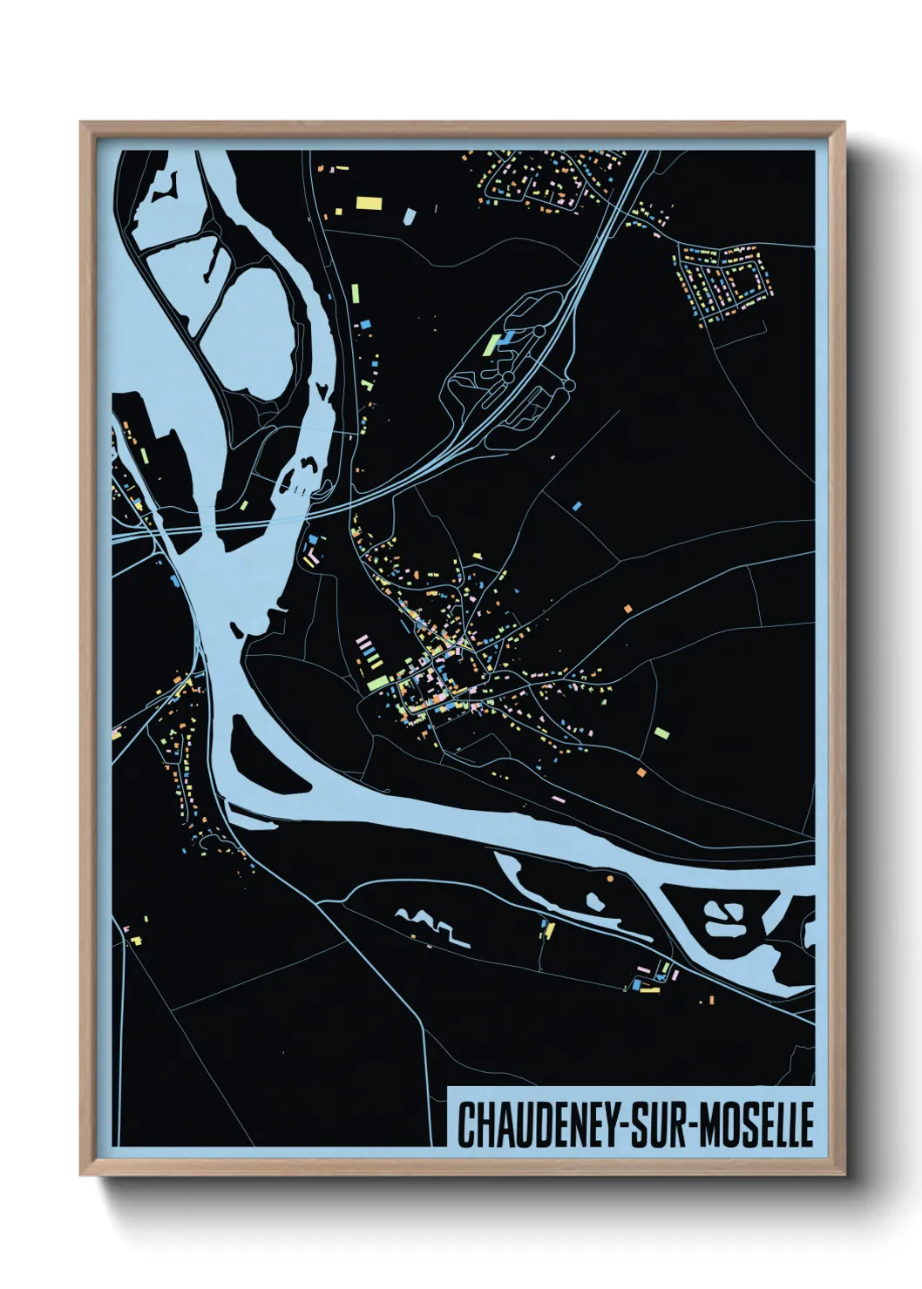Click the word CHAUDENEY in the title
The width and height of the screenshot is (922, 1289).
[536, 1125]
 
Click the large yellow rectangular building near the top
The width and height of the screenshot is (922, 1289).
[369, 203]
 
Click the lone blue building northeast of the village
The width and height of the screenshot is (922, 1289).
[577, 505]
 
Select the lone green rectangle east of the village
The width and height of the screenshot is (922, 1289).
[661, 733]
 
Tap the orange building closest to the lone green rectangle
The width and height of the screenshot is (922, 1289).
[641, 772]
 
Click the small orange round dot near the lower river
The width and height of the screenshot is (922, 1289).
[610, 880]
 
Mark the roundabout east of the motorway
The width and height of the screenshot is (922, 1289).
[569, 383]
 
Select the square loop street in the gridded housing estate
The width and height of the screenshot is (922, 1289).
[747, 280]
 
